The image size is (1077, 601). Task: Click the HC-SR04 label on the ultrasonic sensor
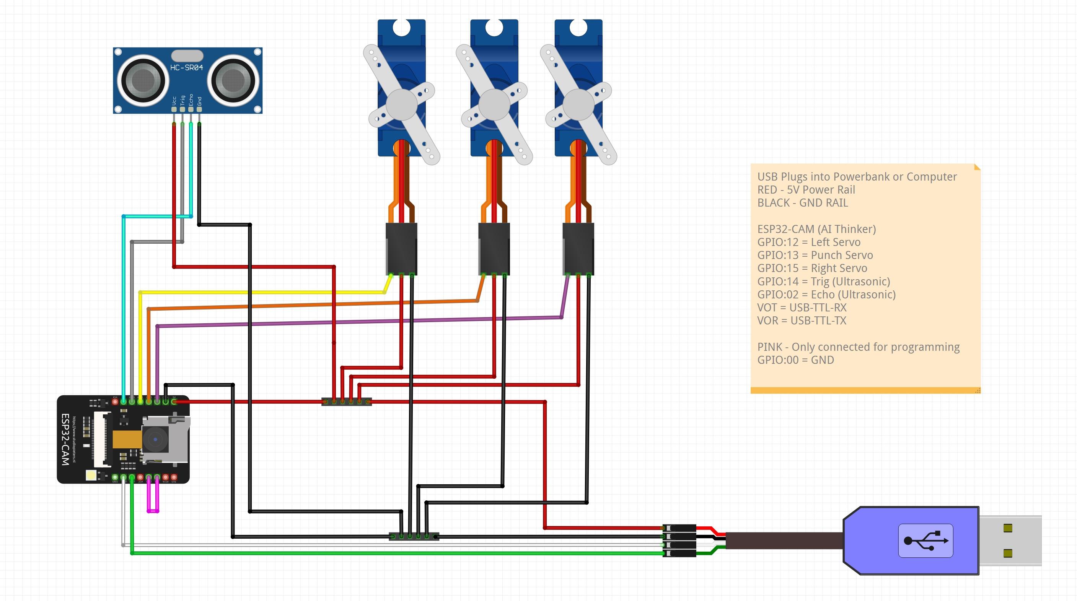(186, 67)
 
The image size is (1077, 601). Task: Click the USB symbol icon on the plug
(925, 541)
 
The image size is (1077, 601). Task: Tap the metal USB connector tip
(1010, 541)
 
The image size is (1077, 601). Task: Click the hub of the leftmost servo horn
(401, 104)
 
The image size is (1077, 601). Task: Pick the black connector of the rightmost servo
(578, 248)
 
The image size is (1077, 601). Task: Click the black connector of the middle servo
(494, 248)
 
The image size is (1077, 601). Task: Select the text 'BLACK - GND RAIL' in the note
(802, 203)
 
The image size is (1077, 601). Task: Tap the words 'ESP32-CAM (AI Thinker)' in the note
(816, 229)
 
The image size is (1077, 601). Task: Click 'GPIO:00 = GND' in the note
(795, 360)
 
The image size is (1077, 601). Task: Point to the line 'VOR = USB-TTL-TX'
(802, 321)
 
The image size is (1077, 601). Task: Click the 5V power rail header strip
(347, 402)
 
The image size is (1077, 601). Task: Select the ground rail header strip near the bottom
(414, 536)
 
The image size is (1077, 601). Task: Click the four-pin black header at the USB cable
(680, 541)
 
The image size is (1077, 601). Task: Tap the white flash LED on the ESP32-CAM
(91, 475)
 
